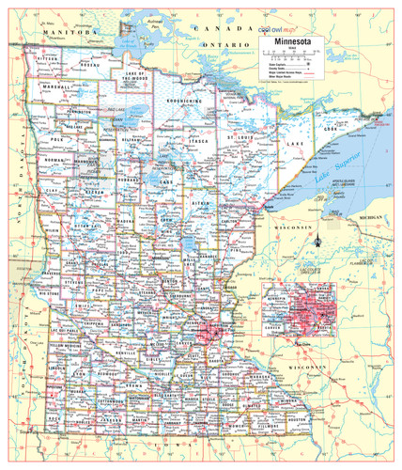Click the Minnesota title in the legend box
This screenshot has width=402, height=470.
point(290,42)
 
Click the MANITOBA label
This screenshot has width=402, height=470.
point(71,33)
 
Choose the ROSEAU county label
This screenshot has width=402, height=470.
point(90,64)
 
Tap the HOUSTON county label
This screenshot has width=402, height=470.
point(290,413)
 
